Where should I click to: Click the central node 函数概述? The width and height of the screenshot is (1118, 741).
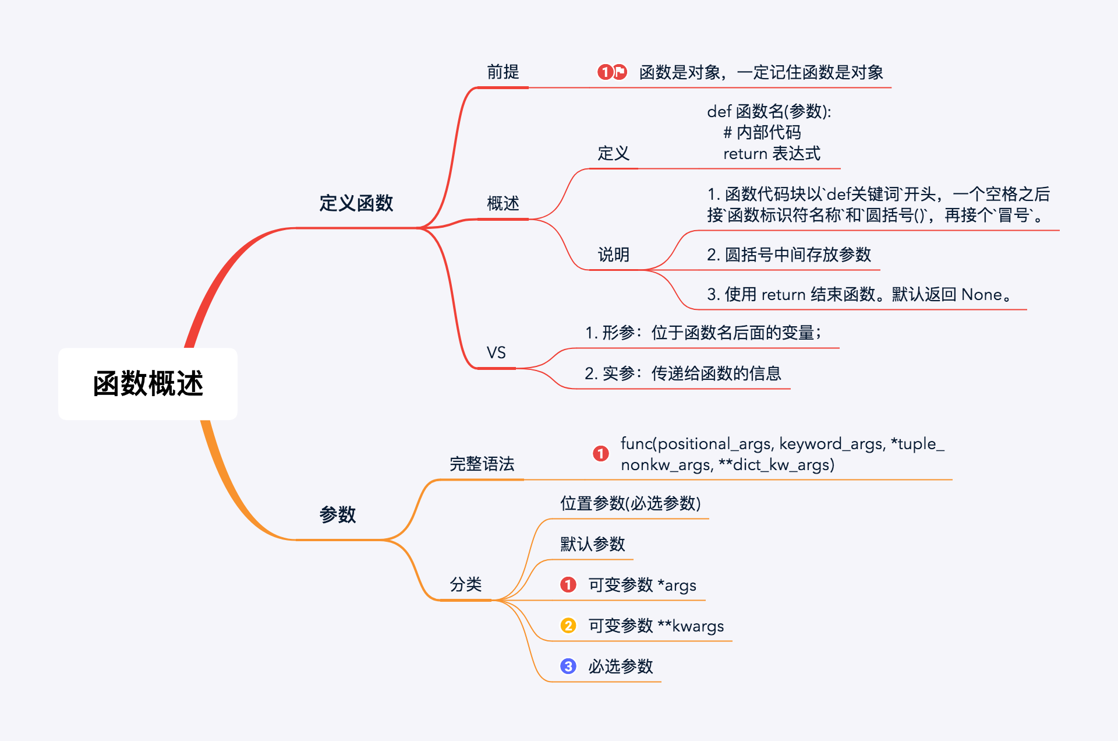point(148,384)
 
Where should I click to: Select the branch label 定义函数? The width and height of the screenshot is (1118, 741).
point(356,203)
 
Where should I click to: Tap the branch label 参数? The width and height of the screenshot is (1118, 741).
point(337,514)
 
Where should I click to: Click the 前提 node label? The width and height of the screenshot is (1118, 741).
point(503,72)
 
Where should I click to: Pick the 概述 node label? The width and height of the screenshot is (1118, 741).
point(503,203)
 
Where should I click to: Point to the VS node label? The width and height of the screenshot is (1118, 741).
point(496,352)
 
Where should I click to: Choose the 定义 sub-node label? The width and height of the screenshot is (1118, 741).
point(613,154)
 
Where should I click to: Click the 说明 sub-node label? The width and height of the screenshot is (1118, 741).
point(613,255)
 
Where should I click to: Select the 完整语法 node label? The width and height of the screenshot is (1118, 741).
point(482,464)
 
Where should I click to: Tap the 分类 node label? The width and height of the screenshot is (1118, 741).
point(465,584)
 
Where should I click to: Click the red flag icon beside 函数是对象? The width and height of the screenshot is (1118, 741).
point(620,72)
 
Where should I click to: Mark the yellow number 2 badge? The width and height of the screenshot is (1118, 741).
point(568,626)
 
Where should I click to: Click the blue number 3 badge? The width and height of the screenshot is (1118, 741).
point(568,666)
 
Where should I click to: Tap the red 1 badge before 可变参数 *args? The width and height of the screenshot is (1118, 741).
point(568,584)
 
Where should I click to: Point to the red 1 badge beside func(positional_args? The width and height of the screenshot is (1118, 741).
point(601,453)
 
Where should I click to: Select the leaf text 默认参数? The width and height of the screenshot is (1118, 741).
point(592,544)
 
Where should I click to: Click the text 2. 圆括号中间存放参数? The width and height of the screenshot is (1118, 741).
point(788,255)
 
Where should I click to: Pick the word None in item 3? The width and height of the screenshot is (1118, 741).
point(982,295)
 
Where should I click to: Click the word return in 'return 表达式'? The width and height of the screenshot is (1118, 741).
point(745,154)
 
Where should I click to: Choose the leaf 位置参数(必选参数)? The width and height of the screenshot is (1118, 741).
point(630,503)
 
